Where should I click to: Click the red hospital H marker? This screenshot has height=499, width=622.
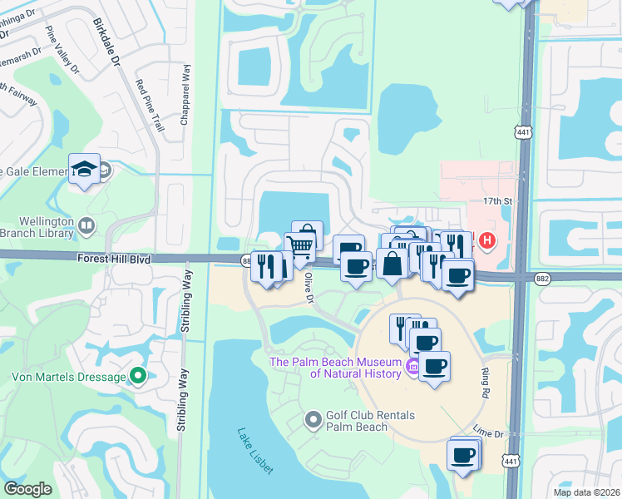coord(487,241)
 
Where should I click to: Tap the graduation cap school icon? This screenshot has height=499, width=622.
coord(85,169)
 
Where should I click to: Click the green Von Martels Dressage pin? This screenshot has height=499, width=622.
coord(139,377)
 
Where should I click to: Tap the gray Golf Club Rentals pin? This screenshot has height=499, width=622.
coord(313,420)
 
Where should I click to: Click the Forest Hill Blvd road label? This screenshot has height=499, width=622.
coord(116,259)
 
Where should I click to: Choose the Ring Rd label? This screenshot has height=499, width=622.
coord(486,374)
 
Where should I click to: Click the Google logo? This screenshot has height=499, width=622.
coord(27,489)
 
